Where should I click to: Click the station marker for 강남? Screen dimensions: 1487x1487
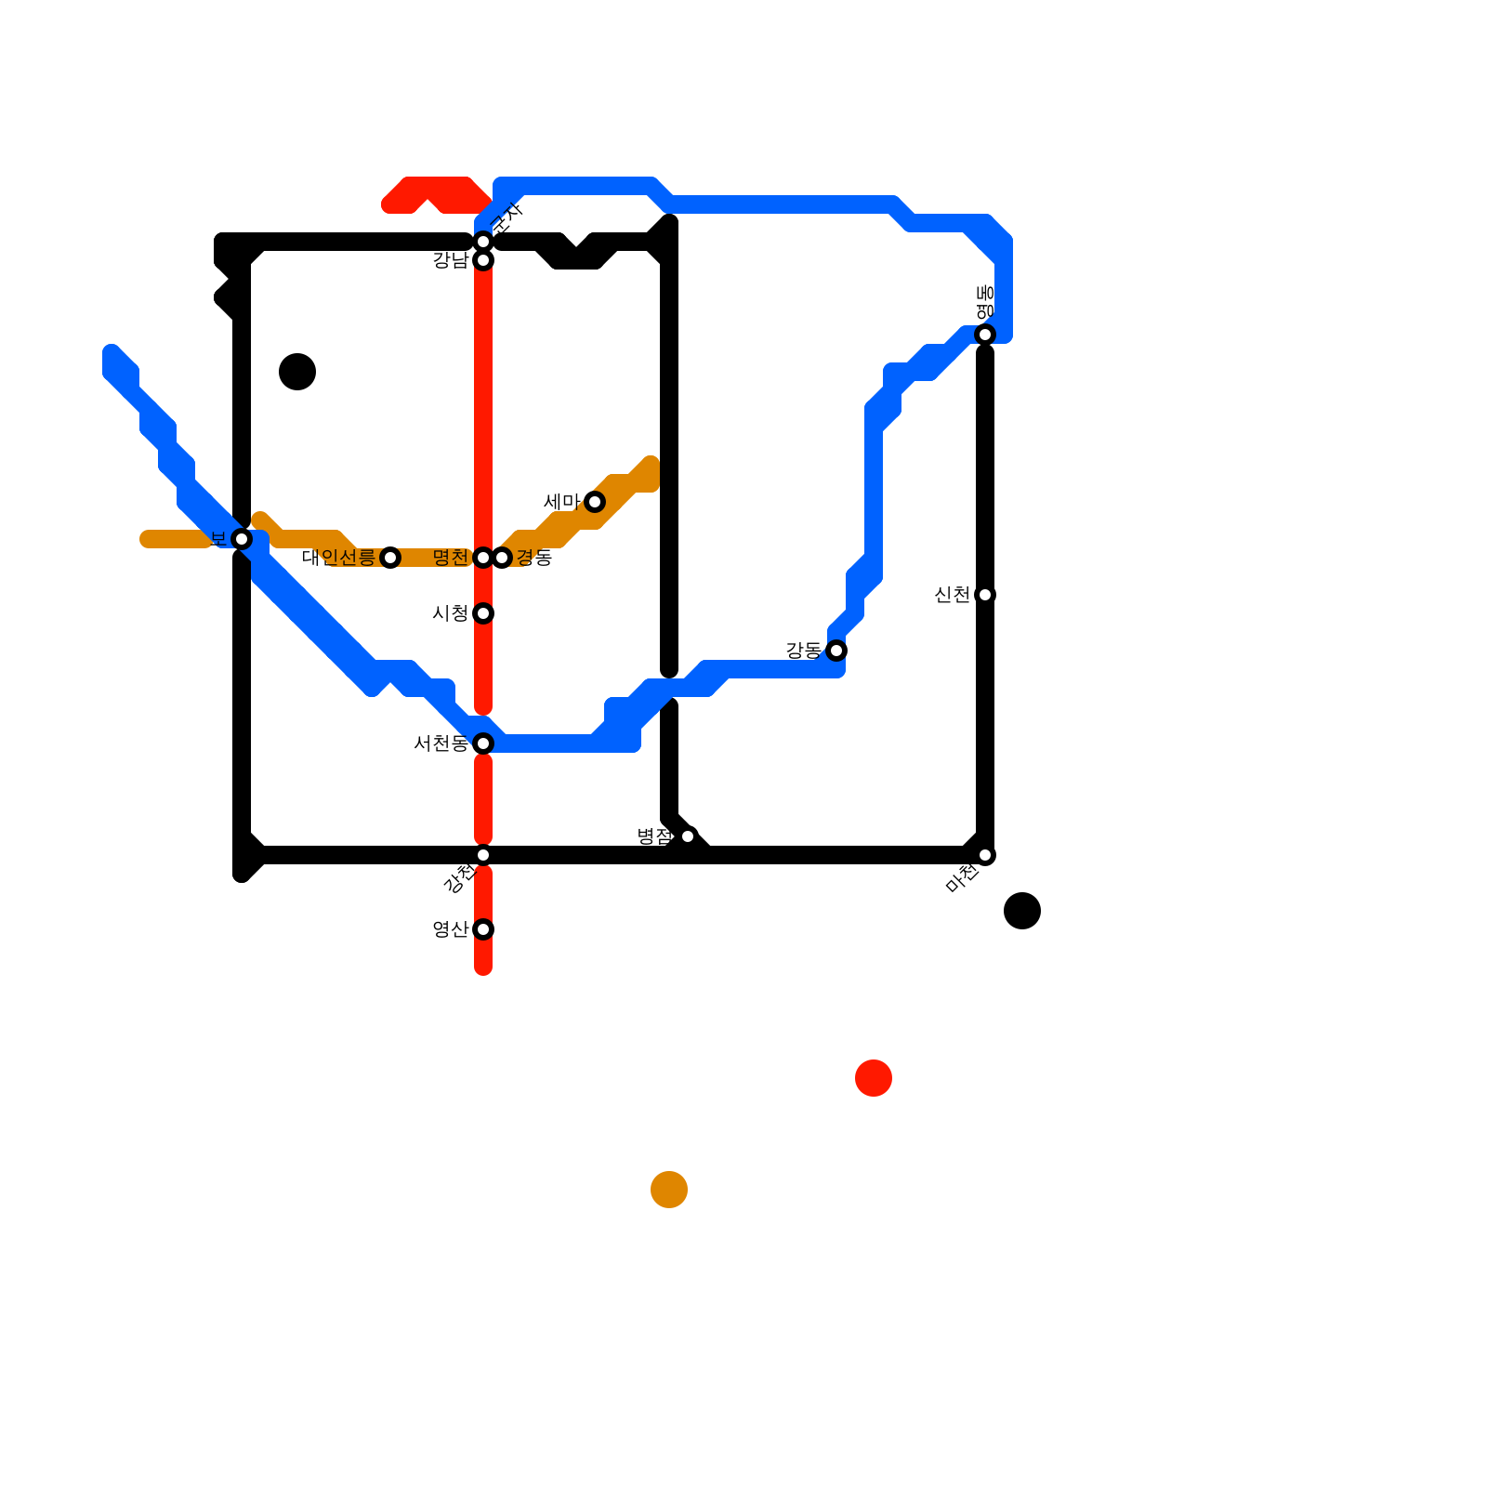483,260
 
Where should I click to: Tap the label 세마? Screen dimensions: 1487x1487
561,502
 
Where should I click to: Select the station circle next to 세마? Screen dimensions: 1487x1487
595,502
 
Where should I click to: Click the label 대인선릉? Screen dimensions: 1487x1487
338,558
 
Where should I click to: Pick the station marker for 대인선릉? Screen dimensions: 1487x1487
390,558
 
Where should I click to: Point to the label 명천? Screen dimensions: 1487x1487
451,558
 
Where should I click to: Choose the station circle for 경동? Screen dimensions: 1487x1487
502,558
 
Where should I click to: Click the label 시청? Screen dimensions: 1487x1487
451,613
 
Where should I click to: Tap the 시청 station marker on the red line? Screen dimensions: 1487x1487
483,613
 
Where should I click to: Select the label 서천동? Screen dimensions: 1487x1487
441,743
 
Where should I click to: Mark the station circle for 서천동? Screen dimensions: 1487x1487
483,743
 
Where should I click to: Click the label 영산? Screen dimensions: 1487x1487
451,929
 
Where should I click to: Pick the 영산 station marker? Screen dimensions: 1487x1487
483,929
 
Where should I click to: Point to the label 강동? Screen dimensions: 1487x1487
804,651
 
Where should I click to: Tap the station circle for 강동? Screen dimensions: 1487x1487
836,651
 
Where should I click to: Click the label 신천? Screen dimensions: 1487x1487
953,595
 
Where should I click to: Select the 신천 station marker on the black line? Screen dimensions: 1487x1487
985,595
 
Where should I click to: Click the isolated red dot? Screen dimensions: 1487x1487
874,1078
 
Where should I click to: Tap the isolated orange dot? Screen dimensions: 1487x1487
669,1190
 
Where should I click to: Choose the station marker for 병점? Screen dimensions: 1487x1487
688,836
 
